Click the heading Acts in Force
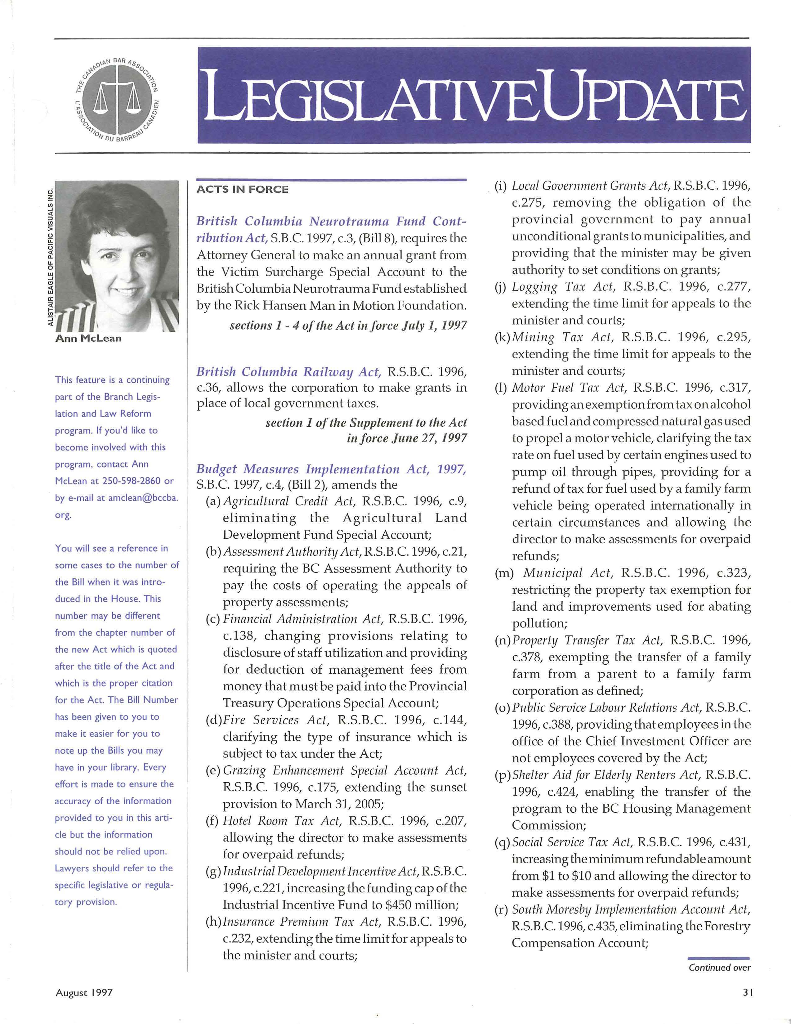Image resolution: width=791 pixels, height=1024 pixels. pyautogui.click(x=242, y=189)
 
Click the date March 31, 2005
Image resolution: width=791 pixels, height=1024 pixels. pyautogui.click(x=339, y=804)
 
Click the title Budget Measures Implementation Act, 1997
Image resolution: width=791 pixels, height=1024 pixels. pyautogui.click(x=331, y=469)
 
